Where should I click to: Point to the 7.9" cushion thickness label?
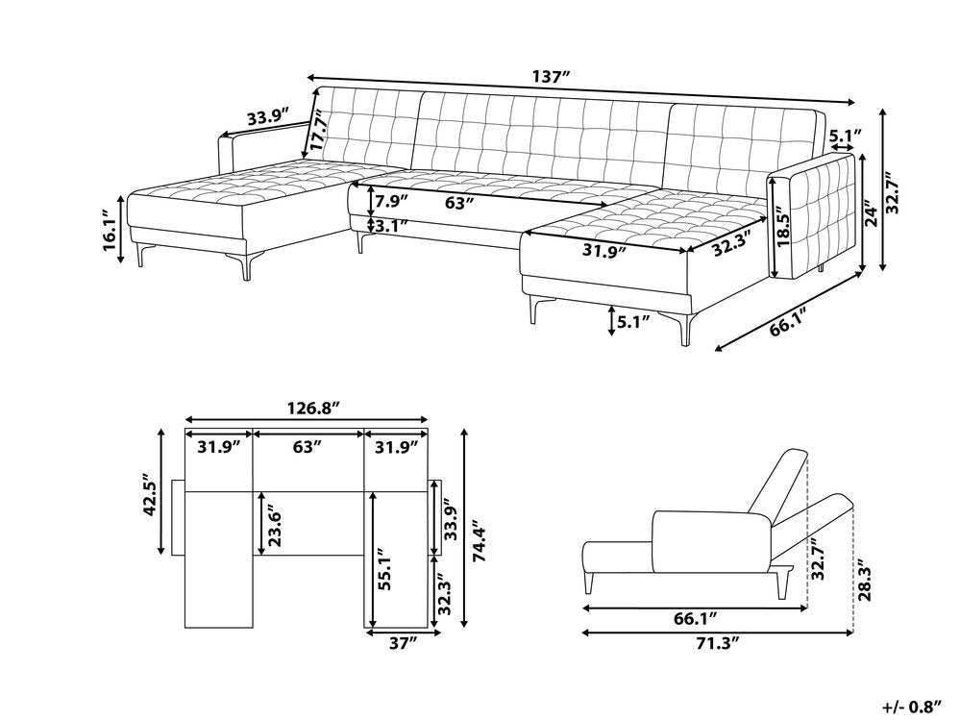pyautogui.click(x=392, y=202)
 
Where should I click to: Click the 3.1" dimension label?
pyautogui.click(x=392, y=227)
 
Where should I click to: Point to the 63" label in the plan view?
pyautogui.click(x=308, y=446)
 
